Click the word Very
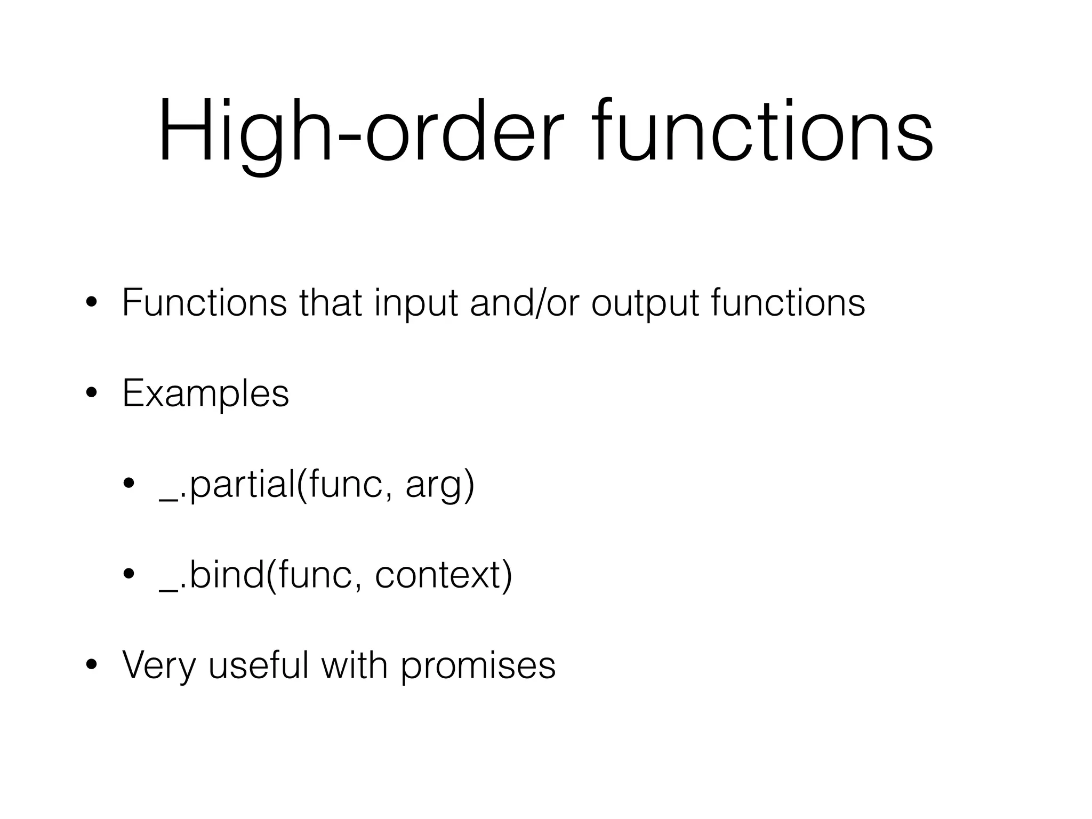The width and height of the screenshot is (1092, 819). coord(158,665)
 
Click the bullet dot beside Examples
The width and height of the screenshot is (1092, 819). coord(91,394)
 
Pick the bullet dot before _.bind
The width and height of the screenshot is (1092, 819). coord(129,574)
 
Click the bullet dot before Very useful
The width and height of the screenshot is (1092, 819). coord(91,665)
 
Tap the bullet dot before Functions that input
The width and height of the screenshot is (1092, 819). coord(91,303)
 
